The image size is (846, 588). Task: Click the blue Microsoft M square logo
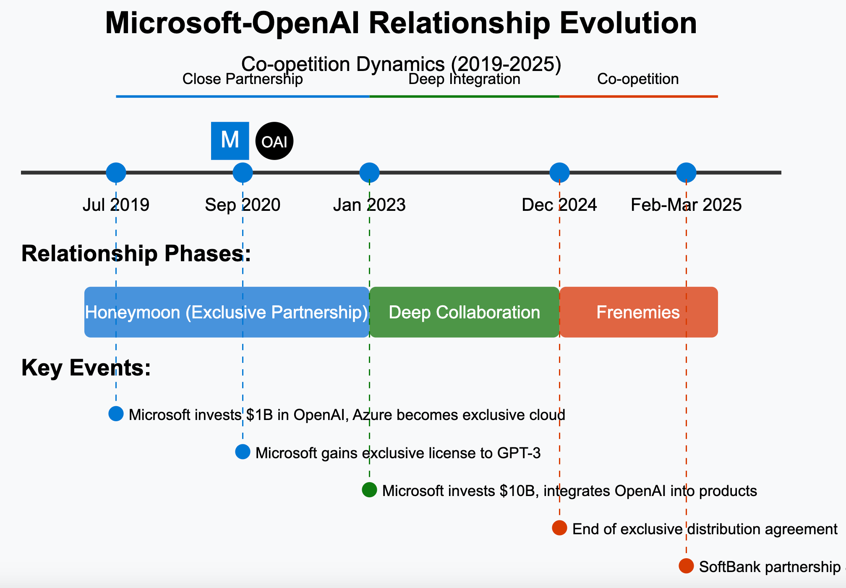pos(230,141)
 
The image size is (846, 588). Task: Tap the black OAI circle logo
pos(274,141)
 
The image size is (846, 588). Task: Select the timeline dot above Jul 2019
pos(116,173)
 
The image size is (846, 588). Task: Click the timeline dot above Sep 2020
pos(243,173)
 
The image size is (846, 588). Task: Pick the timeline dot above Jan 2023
pos(369,173)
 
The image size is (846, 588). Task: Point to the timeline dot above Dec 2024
pos(559,173)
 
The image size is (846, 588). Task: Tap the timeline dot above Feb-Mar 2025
pos(686,173)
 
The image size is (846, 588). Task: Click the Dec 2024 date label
pos(559,205)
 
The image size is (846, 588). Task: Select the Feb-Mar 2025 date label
pos(686,205)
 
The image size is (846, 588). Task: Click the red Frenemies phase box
pos(638,312)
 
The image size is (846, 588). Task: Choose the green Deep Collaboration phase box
pos(464,312)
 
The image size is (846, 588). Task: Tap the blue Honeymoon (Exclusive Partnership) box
pos(227,312)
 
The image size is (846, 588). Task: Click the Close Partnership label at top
pos(243,79)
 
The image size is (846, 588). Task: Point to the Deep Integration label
pos(464,79)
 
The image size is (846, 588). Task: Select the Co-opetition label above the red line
pos(638,79)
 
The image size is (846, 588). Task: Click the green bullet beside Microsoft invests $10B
pos(369,490)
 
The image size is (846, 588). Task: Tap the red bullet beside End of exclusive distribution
pos(559,528)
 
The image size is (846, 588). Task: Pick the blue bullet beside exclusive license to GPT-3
pos(243,452)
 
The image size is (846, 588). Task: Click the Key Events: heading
pos(86,368)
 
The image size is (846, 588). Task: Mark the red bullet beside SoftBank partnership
pos(686,566)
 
